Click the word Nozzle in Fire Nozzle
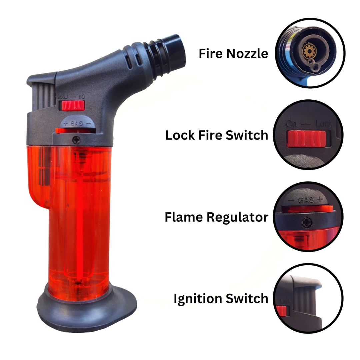tap(247, 53)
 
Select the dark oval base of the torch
tap(87, 309)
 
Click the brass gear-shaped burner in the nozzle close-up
tap(308, 50)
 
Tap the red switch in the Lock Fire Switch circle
tap(306, 138)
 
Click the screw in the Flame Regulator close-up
tap(307, 223)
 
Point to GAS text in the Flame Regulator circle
tap(306, 200)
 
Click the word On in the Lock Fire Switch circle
tap(291, 124)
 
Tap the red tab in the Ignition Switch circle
tap(281, 311)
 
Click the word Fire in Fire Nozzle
tap(211, 53)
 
